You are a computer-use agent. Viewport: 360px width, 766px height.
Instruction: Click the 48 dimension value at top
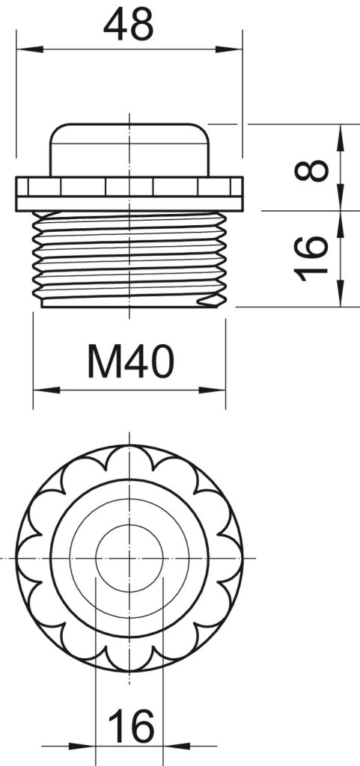(129, 24)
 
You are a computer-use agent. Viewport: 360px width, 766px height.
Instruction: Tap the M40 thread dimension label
(130, 361)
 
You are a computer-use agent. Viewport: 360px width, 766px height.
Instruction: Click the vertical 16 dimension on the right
(311, 259)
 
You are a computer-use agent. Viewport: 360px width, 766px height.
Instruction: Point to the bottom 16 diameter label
(131, 726)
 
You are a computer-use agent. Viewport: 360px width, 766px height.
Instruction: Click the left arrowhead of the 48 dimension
(30, 49)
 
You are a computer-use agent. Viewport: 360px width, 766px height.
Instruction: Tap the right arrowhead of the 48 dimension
(228, 49)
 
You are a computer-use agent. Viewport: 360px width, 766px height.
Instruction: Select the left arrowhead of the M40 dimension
(46, 390)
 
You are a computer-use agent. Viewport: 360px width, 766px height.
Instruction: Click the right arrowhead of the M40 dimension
(212, 390)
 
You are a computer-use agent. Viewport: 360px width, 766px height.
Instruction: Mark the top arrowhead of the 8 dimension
(341, 138)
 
